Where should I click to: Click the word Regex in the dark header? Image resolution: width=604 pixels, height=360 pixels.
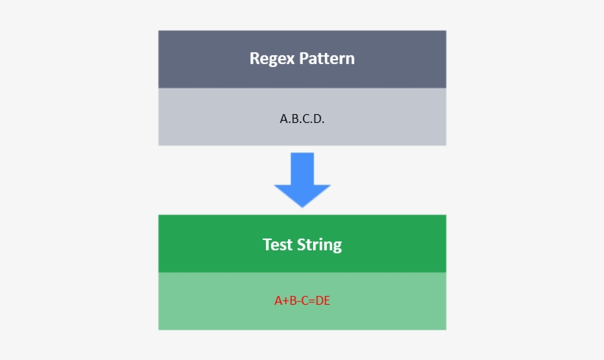[x=272, y=59]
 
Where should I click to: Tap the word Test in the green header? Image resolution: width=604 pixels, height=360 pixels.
[x=278, y=244]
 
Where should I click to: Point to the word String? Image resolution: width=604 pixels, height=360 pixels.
[x=319, y=245]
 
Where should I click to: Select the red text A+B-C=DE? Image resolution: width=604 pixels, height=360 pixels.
[x=302, y=300]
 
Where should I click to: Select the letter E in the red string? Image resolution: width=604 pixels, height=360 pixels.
[x=326, y=300]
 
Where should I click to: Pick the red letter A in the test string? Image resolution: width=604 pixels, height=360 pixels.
[x=278, y=300]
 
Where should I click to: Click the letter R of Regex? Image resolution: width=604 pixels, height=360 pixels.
[x=254, y=59]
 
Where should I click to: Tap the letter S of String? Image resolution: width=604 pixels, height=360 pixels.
[x=301, y=244]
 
